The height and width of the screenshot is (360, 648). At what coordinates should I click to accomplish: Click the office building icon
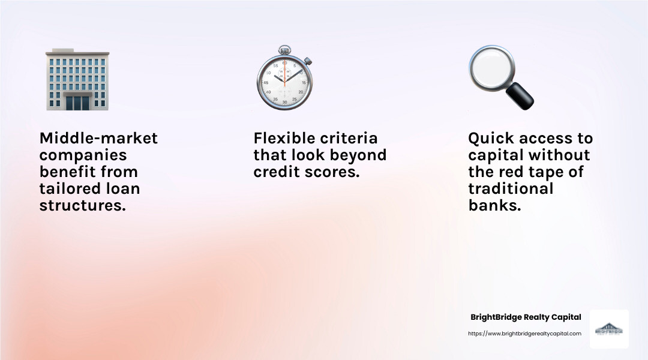[x=77, y=80]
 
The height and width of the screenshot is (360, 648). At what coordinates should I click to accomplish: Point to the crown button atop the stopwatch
[x=284, y=50]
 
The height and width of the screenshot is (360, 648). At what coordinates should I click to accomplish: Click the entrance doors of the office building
[x=77, y=102]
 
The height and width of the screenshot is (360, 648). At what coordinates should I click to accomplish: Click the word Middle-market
[x=98, y=138]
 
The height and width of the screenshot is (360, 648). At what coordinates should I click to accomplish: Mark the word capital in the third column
[x=496, y=155]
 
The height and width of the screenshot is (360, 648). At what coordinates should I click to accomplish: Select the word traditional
[x=510, y=188]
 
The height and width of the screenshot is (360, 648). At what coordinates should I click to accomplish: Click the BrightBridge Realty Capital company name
[x=525, y=317]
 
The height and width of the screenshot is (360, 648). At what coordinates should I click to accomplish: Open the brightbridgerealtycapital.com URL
[x=524, y=334]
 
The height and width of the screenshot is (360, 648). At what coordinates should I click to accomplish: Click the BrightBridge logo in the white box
[x=608, y=329]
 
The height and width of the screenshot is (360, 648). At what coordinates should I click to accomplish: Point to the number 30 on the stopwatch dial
[x=284, y=102]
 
